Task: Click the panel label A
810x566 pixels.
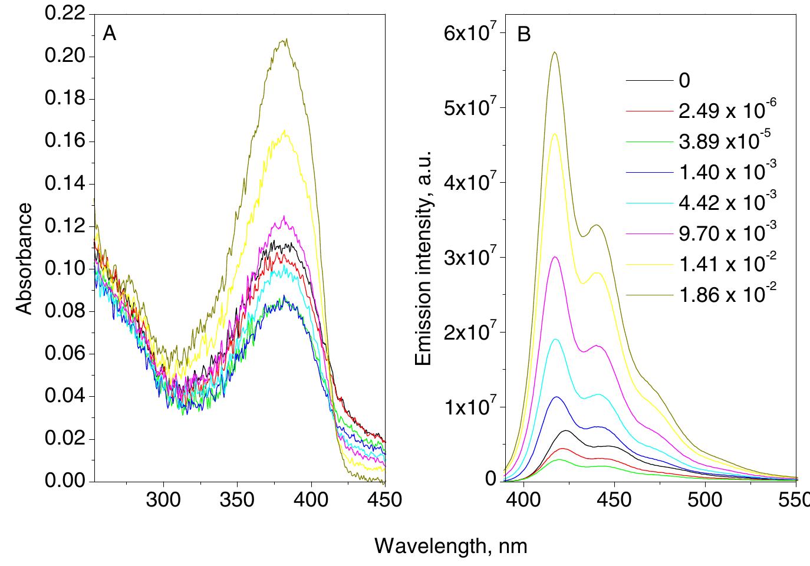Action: (109, 34)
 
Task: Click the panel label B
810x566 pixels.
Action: (523, 35)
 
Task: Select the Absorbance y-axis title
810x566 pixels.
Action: (24, 259)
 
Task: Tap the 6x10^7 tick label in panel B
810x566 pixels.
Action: (470, 33)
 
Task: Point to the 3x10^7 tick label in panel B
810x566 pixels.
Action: (470, 257)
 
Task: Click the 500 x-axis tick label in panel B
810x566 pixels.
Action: (705, 500)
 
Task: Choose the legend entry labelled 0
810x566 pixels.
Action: (684, 80)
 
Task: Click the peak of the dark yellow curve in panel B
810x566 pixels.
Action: (554, 52)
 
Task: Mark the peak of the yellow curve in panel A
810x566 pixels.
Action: (285, 131)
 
